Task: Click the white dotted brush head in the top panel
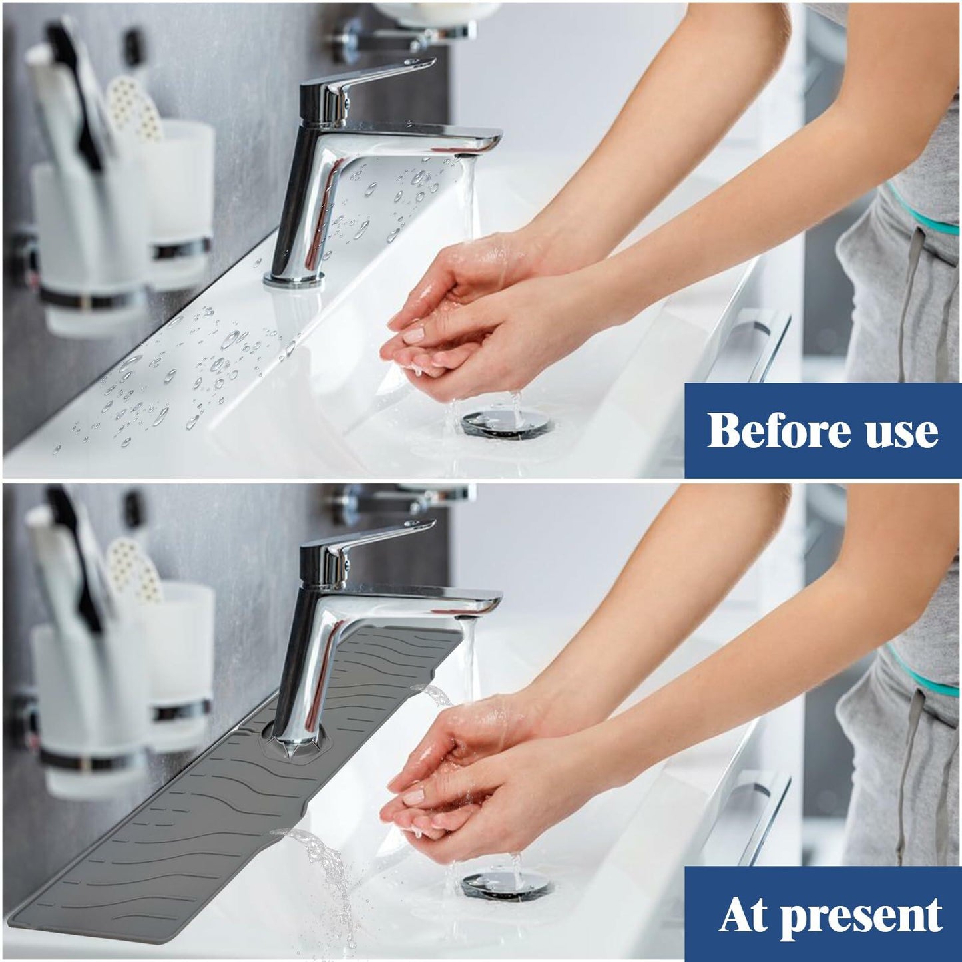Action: point(134,107)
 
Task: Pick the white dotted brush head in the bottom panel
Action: point(134,570)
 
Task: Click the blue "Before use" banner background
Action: point(823,430)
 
